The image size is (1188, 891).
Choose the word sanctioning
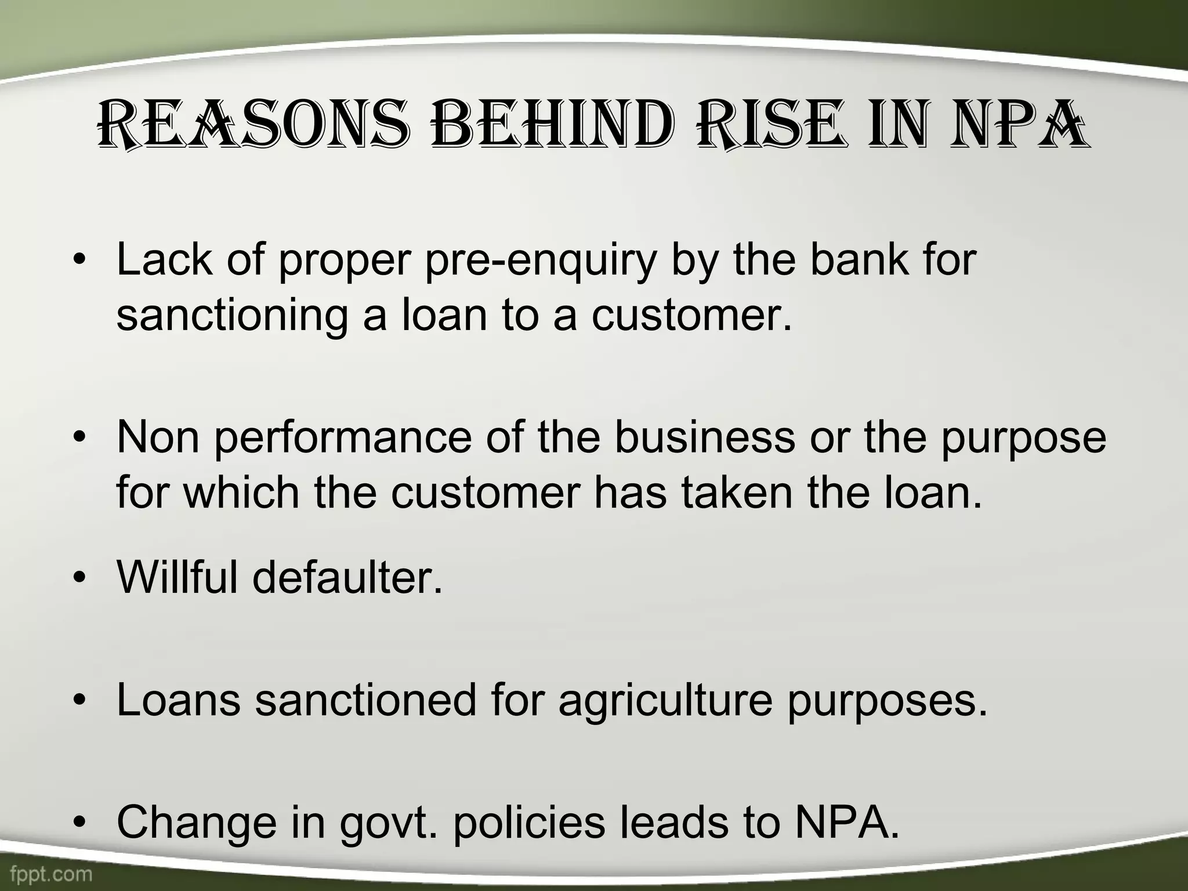pos(233,316)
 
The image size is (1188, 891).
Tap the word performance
pos(343,438)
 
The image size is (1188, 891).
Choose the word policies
pos(528,822)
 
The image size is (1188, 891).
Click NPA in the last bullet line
pos(846,822)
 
